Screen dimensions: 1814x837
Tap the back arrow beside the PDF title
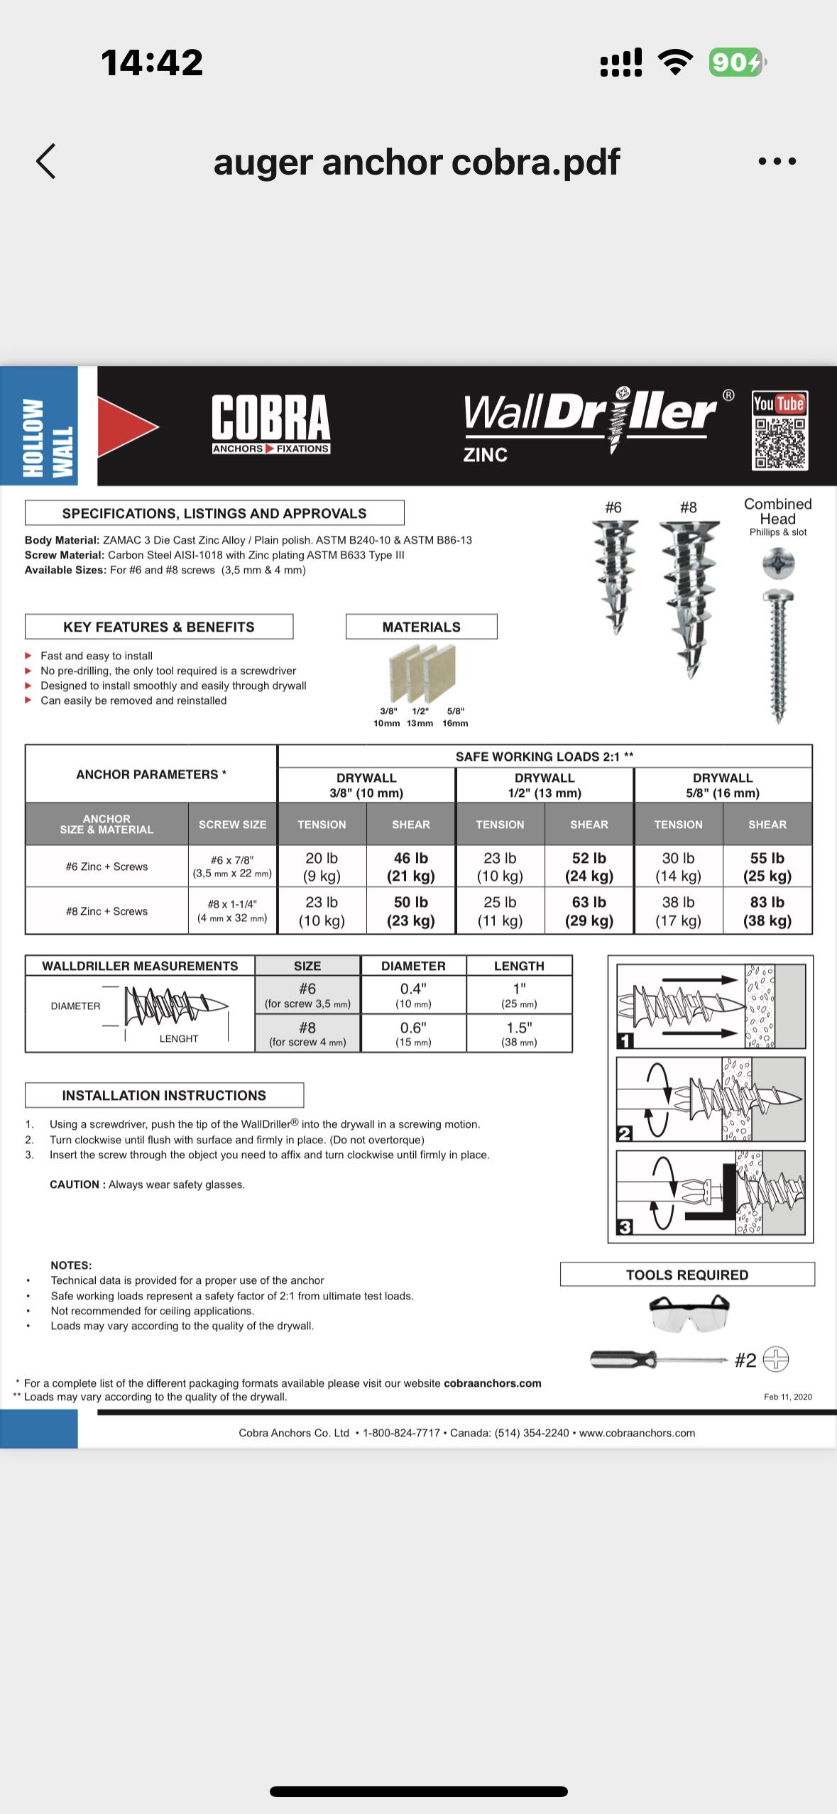[x=46, y=161]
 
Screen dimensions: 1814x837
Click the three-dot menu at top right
[x=777, y=162]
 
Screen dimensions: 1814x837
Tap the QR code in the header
[x=779, y=443]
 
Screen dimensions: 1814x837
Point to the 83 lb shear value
[x=767, y=911]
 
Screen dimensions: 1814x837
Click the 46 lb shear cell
[x=410, y=867]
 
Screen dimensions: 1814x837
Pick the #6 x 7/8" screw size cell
[x=232, y=866]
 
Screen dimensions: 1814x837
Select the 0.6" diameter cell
[x=413, y=1033]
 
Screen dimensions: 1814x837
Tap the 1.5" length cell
[x=519, y=1033]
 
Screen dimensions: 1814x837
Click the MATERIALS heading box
[x=421, y=627]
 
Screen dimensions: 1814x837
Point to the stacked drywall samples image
[x=422, y=674]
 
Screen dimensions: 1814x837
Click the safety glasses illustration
[x=689, y=1312]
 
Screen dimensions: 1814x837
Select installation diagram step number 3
[x=625, y=1226]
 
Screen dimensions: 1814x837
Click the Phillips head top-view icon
[x=778, y=564]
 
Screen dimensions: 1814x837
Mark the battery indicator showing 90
[x=736, y=62]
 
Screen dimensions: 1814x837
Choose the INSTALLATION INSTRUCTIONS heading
[x=164, y=1095]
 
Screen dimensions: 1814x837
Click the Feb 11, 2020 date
[x=787, y=1397]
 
